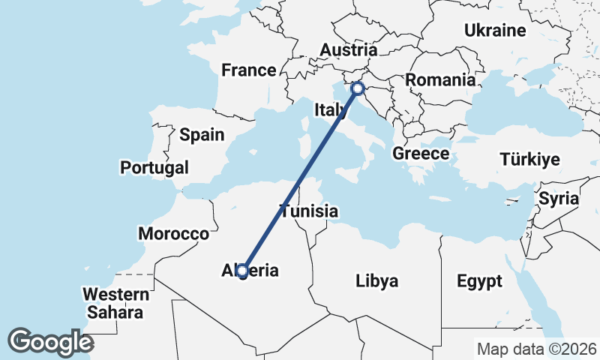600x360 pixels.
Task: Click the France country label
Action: [249, 70]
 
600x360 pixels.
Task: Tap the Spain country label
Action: [202, 135]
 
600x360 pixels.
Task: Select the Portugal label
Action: [154, 167]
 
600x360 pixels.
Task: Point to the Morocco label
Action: [173, 234]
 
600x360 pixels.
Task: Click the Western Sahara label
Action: [114, 302]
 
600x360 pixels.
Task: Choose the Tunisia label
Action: [310, 211]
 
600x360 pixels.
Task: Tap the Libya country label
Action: [376, 281]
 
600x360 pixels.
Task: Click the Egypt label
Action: [479, 282]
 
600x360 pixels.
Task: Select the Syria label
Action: [559, 199]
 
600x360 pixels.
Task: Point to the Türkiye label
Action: [529, 160]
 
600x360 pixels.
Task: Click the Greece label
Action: [421, 154]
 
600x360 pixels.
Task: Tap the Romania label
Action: [440, 79]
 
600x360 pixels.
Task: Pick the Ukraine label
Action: [495, 31]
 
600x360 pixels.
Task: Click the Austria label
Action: [348, 49]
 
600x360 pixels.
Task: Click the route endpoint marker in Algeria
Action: [242, 271]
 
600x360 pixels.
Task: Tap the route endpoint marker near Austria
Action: [358, 89]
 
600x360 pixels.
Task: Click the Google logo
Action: [50, 342]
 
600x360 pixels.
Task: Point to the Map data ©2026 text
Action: [537, 349]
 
